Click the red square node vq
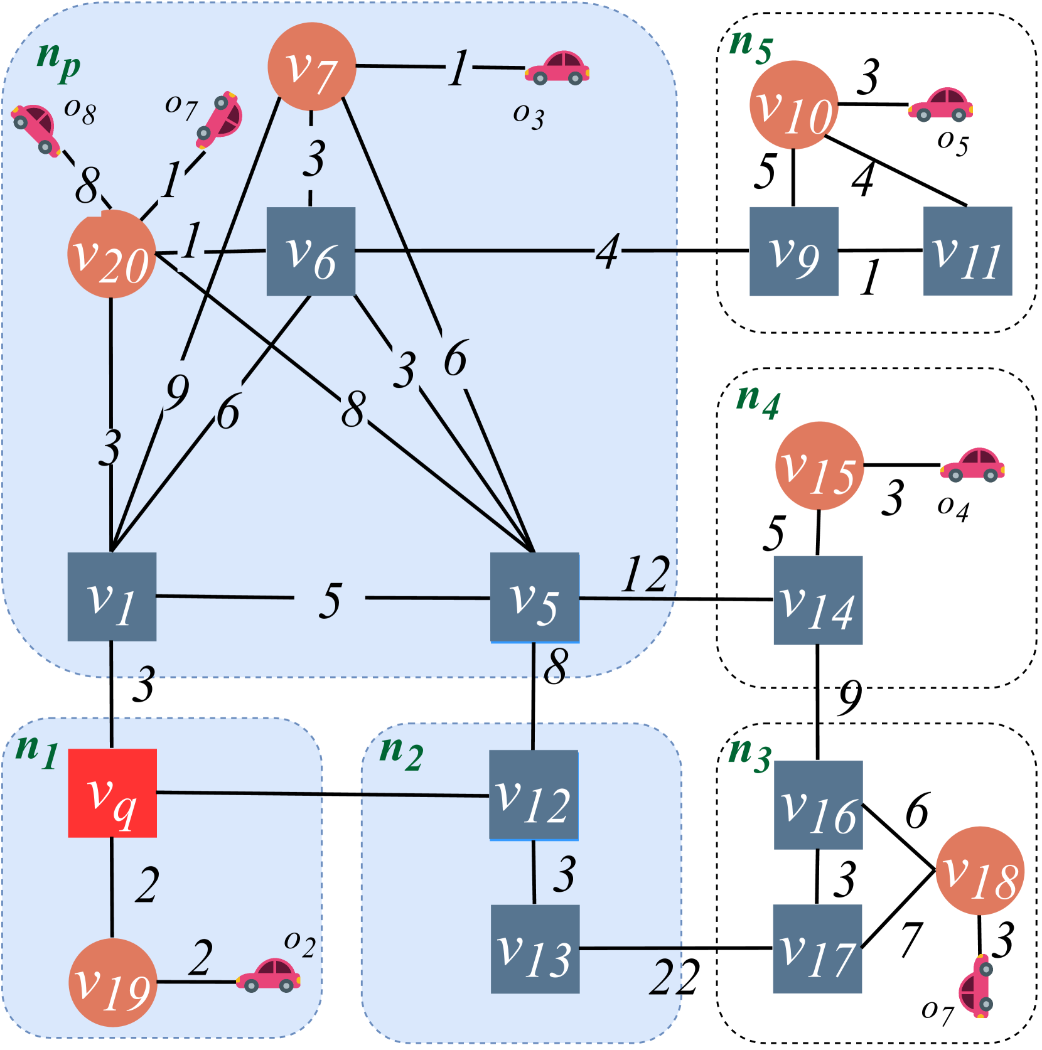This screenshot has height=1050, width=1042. pyautogui.click(x=112, y=793)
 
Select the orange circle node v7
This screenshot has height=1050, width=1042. pyautogui.click(x=311, y=67)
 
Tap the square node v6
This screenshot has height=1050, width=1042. pyautogui.click(x=311, y=251)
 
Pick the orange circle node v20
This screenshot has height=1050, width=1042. pyautogui.click(x=111, y=254)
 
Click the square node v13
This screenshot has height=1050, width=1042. pyautogui.click(x=534, y=948)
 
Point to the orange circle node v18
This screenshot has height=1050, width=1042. pyautogui.click(x=979, y=871)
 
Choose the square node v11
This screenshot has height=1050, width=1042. pyautogui.click(x=967, y=250)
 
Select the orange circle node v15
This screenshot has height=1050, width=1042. pyautogui.click(x=819, y=466)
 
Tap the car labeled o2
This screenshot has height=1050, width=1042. pyautogui.click(x=268, y=975)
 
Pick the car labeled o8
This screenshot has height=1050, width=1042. pyautogui.click(x=35, y=129)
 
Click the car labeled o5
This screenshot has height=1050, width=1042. pyautogui.click(x=940, y=104)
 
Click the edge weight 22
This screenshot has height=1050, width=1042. pyautogui.click(x=674, y=977)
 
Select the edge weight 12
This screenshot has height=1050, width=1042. pyautogui.click(x=645, y=574)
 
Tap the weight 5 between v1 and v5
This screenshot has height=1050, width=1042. pyautogui.click(x=330, y=601)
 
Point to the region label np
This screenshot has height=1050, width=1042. pyautogui.click(x=58, y=62)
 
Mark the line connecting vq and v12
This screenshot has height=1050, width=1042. pyautogui.click(x=323, y=795)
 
